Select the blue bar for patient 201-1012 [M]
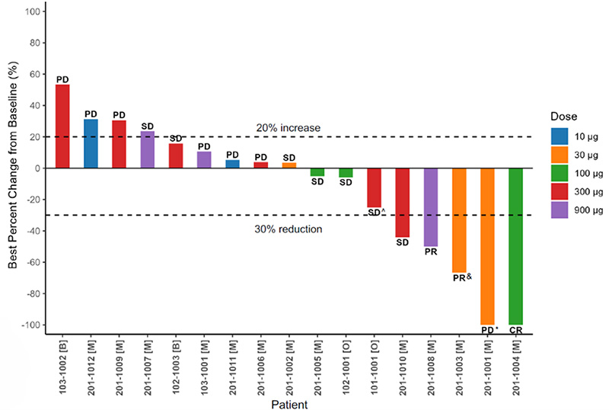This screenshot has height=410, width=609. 91,143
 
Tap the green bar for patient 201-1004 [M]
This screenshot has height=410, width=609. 515,245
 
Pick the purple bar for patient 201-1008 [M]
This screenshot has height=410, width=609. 431,207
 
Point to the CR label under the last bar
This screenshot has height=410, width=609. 515,331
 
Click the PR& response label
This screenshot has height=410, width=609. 462,278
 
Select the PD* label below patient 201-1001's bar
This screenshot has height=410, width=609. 489,331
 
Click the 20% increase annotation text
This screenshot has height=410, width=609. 289,128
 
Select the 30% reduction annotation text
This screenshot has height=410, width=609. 290,228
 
